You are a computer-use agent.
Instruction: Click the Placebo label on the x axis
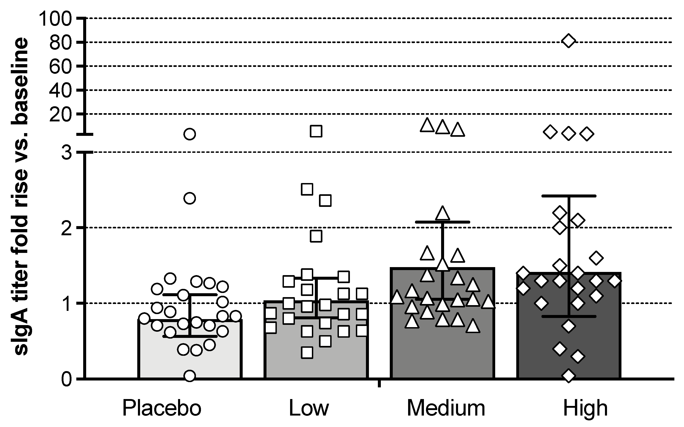click(x=162, y=408)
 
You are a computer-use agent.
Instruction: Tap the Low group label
click(x=309, y=408)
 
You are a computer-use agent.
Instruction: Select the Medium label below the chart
click(x=446, y=408)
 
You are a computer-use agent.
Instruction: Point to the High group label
click(x=585, y=408)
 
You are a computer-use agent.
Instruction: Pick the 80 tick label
click(x=60, y=43)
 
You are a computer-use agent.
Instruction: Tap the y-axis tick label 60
click(x=60, y=67)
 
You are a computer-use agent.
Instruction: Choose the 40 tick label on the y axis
click(x=60, y=91)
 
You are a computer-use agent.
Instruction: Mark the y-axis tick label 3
click(x=66, y=153)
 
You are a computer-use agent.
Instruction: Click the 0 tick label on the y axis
click(x=66, y=380)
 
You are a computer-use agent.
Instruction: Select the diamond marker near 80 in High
click(x=569, y=41)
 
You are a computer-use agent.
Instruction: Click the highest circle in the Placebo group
click(x=190, y=134)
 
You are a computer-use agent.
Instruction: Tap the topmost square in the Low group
click(x=316, y=131)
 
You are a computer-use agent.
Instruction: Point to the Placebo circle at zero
click(x=190, y=376)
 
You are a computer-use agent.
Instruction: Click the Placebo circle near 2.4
click(x=190, y=198)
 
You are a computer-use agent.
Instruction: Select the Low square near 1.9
click(x=316, y=236)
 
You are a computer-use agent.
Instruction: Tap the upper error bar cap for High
click(x=569, y=196)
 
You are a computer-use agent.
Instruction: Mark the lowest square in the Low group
click(x=307, y=353)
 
